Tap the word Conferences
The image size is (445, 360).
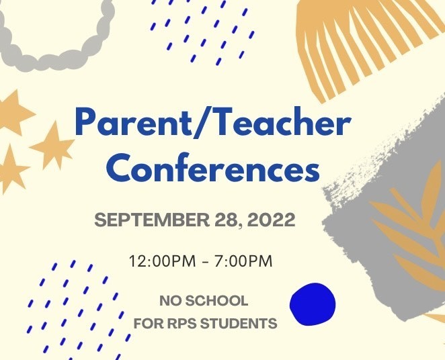[213, 167]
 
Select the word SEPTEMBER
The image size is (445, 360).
[152, 220]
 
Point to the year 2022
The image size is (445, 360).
[271, 220]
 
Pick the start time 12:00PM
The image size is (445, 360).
[162, 261]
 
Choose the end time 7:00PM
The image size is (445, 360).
[243, 261]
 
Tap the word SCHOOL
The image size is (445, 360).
[217, 301]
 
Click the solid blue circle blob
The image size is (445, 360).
[313, 304]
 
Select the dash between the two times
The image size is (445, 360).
[206, 262]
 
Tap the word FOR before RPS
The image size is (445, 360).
[149, 324]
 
